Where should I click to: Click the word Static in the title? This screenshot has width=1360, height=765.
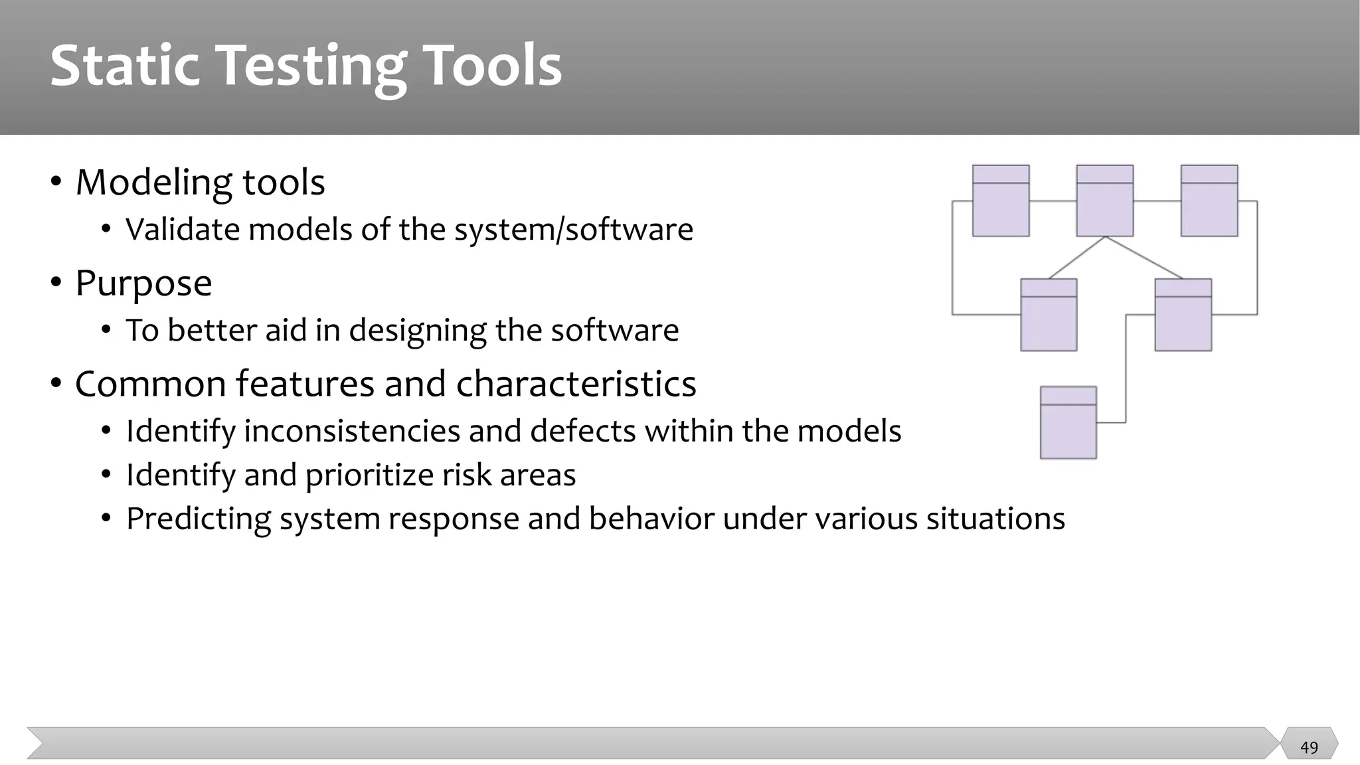(x=125, y=65)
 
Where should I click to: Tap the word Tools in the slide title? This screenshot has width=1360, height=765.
(x=492, y=65)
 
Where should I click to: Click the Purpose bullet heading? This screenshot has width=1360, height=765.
(x=143, y=284)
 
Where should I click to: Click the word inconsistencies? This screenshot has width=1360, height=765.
(x=352, y=431)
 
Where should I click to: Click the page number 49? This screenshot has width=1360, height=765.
(x=1309, y=748)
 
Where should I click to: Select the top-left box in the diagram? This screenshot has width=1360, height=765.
(x=1001, y=201)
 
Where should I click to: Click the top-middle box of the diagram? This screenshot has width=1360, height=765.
(x=1104, y=201)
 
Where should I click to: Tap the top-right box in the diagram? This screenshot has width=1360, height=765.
(x=1209, y=201)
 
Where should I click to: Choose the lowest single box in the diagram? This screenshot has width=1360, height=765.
(x=1068, y=422)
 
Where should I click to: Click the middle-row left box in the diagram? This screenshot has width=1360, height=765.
(x=1049, y=315)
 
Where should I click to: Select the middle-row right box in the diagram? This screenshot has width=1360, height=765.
(x=1183, y=315)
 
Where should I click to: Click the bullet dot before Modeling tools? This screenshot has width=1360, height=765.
(x=56, y=181)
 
